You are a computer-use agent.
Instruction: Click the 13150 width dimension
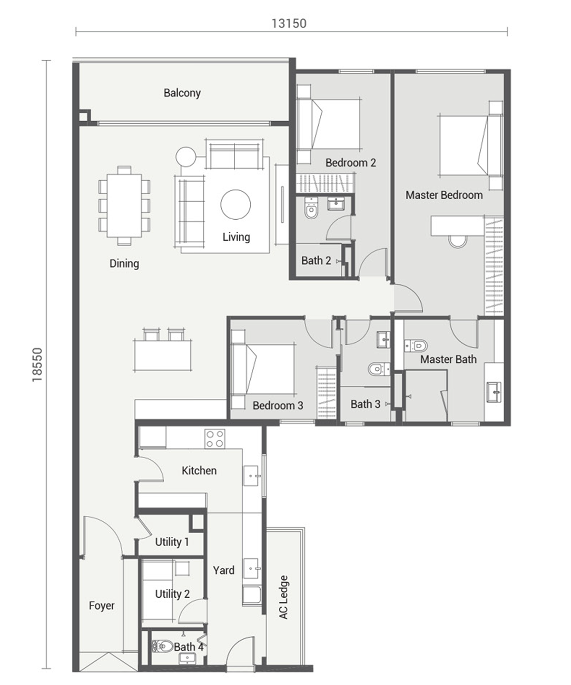(289, 23)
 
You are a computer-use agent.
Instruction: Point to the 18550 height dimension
(37, 364)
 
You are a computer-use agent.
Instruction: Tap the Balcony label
(182, 93)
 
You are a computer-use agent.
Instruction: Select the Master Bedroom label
(444, 195)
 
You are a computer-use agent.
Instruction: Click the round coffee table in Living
(235, 204)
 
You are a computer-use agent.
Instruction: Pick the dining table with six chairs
(125, 206)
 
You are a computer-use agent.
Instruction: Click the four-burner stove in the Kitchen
(215, 439)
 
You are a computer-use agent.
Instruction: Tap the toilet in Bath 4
(162, 646)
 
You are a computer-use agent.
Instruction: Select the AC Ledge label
(284, 597)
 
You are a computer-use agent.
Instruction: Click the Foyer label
(102, 606)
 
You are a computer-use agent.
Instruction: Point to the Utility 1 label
(172, 542)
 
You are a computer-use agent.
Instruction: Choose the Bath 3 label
(365, 404)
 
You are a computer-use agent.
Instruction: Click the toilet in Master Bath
(416, 346)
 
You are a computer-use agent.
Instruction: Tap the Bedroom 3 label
(278, 405)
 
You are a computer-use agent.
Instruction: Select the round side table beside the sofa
(186, 157)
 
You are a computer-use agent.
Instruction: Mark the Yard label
(224, 570)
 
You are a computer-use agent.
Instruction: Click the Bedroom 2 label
(351, 162)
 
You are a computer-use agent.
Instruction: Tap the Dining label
(124, 264)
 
